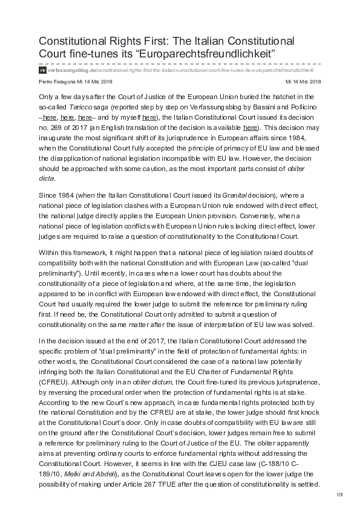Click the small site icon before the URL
(x=42, y=70)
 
